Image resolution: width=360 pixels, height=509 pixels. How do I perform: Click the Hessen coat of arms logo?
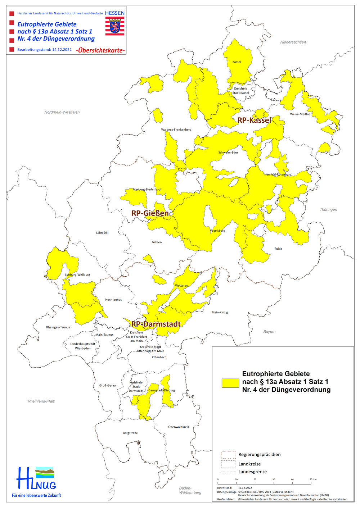pyautogui.click(x=114, y=26)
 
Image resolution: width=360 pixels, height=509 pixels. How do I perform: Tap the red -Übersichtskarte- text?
pyautogui.click(x=100, y=50)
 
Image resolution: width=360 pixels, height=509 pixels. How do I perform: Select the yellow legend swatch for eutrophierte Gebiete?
pyautogui.click(x=230, y=383)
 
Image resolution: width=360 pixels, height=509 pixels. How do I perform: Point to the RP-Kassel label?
pyautogui.click(x=254, y=120)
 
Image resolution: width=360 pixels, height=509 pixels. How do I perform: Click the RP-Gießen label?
pyautogui.click(x=150, y=213)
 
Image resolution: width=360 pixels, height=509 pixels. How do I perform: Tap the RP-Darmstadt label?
pyautogui.click(x=156, y=324)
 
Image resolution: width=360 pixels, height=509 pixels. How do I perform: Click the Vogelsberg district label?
pyautogui.click(x=217, y=231)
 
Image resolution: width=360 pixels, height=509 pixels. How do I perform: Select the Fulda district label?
pyautogui.click(x=278, y=249)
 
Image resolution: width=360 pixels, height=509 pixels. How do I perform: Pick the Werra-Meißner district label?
pyautogui.click(x=301, y=114)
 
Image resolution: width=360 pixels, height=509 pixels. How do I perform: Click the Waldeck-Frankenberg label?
pyautogui.click(x=176, y=129)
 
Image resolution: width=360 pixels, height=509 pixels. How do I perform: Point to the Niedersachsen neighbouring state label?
pyautogui.click(x=293, y=42)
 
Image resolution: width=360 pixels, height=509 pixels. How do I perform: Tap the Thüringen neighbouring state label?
pyautogui.click(x=328, y=209)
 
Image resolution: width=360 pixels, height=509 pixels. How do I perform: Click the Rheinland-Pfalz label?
pyautogui.click(x=41, y=401)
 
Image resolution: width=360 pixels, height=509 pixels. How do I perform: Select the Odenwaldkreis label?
pyautogui.click(x=179, y=427)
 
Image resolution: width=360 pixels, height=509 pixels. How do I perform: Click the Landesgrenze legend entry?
pyautogui.click(x=252, y=472)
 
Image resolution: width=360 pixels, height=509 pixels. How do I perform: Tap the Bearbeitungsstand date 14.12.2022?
pyautogui.click(x=62, y=50)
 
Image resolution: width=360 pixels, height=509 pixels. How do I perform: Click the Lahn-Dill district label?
pyautogui.click(x=102, y=233)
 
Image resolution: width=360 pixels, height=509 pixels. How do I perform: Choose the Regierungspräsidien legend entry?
pyautogui.click(x=259, y=454)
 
